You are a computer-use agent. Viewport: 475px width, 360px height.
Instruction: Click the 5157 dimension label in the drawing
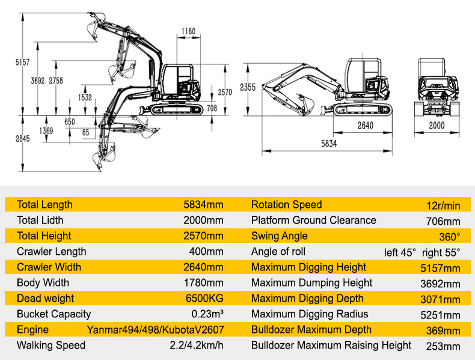click(23, 63)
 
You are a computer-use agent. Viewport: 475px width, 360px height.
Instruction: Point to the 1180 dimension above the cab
click(188, 31)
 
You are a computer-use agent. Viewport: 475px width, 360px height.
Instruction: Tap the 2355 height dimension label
click(248, 88)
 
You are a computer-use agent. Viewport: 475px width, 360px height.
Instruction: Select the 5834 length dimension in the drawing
click(329, 144)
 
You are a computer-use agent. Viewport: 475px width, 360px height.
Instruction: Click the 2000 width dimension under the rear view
click(437, 126)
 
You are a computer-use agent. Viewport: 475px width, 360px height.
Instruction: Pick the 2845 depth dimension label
click(23, 139)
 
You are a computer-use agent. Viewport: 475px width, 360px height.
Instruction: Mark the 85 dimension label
click(86, 132)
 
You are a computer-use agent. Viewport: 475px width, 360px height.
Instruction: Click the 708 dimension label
click(212, 108)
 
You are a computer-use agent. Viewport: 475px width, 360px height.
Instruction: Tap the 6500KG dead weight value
click(204, 298)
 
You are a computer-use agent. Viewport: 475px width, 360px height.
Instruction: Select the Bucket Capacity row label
click(54, 314)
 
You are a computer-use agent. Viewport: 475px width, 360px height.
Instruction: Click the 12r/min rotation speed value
click(443, 206)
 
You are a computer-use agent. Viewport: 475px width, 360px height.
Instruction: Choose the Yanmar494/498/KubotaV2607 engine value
click(155, 330)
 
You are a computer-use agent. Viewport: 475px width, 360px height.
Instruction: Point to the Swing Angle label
click(280, 236)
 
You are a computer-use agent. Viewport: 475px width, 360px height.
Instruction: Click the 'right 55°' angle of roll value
click(441, 252)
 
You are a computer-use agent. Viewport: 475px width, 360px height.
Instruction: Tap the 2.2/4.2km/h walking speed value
click(197, 345)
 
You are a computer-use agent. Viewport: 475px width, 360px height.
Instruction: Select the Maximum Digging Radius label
click(310, 314)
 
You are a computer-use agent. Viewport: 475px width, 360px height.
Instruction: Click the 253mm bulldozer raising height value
click(443, 346)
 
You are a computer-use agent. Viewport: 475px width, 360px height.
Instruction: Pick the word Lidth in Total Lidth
click(52, 220)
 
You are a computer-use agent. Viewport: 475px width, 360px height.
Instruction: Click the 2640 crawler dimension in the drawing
click(366, 126)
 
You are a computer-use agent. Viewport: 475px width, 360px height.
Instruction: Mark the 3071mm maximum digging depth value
click(441, 299)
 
